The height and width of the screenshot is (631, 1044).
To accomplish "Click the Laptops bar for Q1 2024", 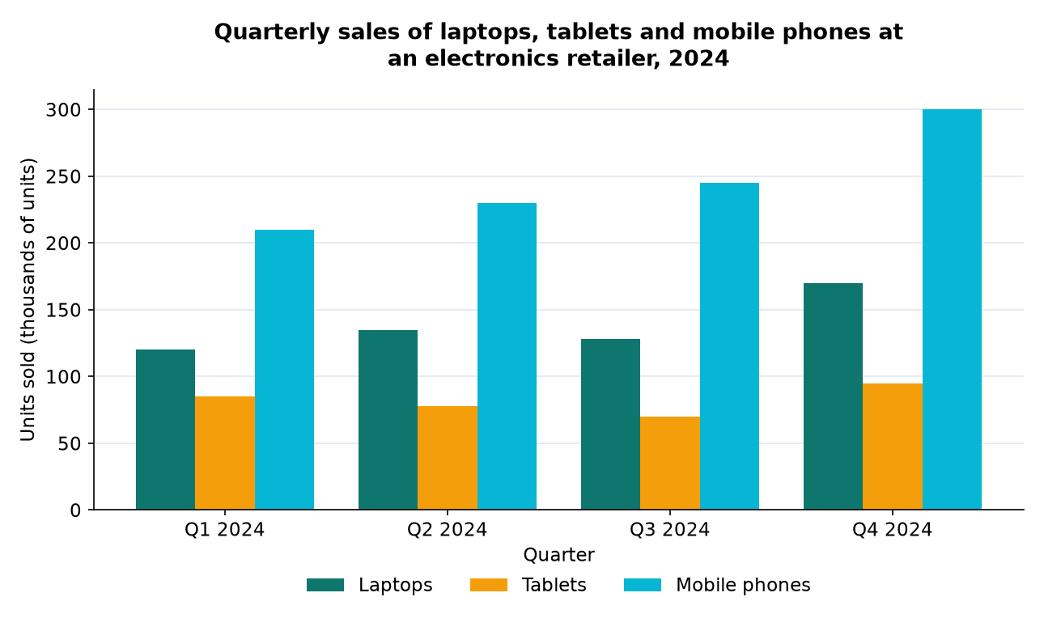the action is (x=165, y=430).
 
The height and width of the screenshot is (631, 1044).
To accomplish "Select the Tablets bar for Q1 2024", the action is (x=225, y=452).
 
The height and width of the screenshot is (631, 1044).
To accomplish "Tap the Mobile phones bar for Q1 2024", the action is (x=284, y=370).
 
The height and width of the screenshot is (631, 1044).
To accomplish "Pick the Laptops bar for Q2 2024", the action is (x=388, y=419).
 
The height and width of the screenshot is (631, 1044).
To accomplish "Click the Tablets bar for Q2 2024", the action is (x=448, y=458).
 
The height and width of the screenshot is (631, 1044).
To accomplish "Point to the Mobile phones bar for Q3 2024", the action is (x=729, y=346).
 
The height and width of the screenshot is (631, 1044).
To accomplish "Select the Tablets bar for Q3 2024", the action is (x=670, y=463).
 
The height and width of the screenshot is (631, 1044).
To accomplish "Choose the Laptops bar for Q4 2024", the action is (x=833, y=396).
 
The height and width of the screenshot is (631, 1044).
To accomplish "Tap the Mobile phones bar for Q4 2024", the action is (x=952, y=310).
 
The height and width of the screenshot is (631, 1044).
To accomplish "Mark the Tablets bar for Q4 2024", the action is (x=893, y=447).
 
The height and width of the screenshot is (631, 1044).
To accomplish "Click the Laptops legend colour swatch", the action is (x=325, y=585).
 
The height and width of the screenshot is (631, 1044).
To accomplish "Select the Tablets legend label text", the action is (x=554, y=585).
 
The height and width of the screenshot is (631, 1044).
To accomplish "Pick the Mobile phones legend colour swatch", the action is (x=643, y=585).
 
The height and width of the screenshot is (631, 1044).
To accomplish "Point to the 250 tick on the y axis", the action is (x=91, y=176).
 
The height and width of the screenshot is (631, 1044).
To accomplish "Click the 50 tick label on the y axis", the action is (x=69, y=443).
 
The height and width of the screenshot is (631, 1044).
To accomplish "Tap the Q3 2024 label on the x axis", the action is (x=670, y=530).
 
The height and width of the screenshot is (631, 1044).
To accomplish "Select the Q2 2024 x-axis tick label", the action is (x=448, y=530).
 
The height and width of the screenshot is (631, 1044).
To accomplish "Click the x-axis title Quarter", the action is (x=558, y=555).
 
